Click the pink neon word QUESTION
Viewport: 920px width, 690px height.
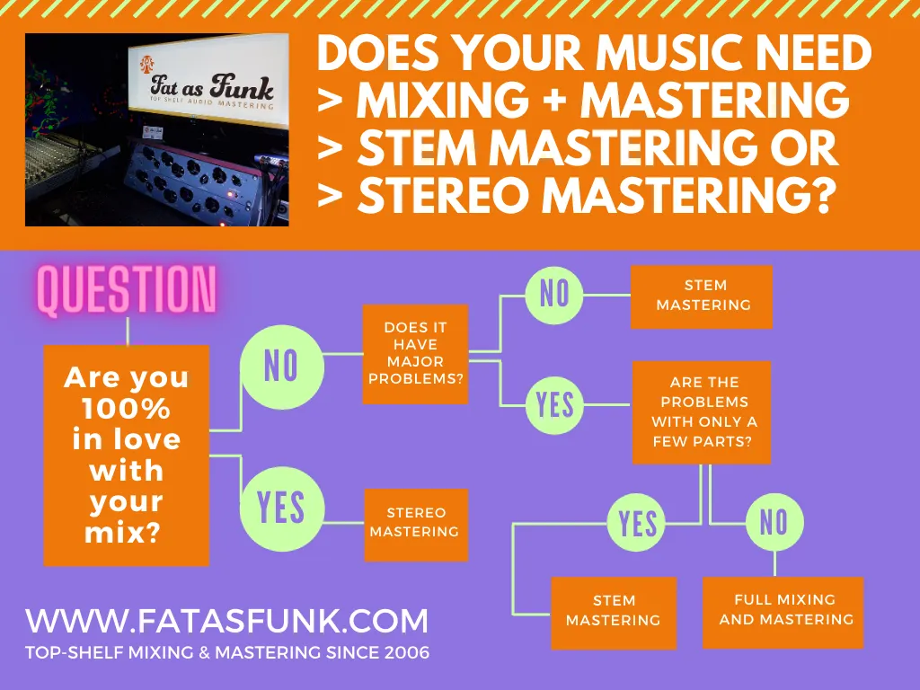[128, 290]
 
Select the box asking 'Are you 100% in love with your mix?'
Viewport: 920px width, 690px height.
[127, 456]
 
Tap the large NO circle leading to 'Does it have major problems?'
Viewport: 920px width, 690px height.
[281, 367]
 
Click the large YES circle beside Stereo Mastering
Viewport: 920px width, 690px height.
[281, 509]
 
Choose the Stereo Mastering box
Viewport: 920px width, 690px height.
[416, 525]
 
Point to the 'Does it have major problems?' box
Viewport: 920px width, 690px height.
[415, 354]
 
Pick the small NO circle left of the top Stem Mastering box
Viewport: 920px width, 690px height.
[554, 294]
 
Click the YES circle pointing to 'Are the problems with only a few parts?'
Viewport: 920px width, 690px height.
[554, 405]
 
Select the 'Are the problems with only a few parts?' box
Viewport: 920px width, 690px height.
[702, 412]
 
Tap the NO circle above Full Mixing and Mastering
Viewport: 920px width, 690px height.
[774, 522]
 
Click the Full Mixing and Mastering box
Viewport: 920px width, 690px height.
[783, 613]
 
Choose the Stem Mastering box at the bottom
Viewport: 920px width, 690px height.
[614, 613]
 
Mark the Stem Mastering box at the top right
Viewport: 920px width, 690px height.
[702, 296]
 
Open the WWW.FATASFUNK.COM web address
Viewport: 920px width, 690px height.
[226, 622]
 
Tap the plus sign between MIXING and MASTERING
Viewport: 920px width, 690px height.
[554, 101]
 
